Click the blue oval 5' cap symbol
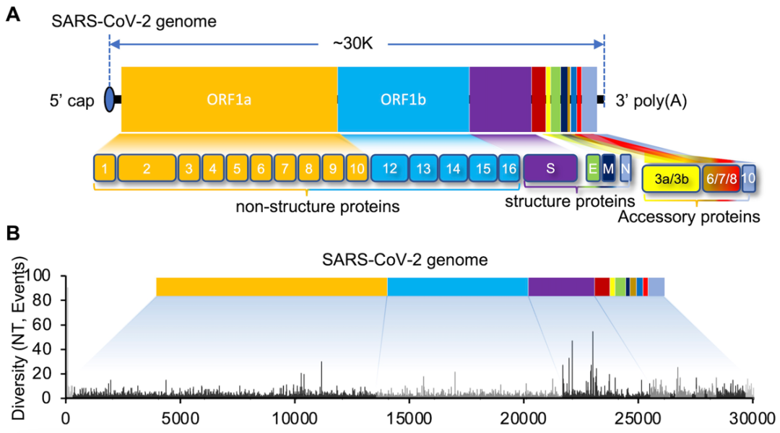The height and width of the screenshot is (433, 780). point(109,100)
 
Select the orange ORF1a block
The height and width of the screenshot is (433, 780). point(229,100)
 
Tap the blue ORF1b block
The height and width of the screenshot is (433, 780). point(403,100)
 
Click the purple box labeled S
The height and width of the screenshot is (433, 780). point(550,167)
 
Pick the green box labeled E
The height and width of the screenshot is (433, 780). point(592,167)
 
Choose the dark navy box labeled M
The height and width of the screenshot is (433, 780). point(608,167)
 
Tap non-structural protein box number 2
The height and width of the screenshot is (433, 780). point(147,167)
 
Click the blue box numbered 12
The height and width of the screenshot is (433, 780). point(389,167)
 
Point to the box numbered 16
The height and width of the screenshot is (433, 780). point(508,167)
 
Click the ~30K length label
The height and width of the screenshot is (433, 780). point(352,44)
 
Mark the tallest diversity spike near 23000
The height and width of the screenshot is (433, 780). point(592,333)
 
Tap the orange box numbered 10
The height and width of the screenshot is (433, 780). point(357,167)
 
